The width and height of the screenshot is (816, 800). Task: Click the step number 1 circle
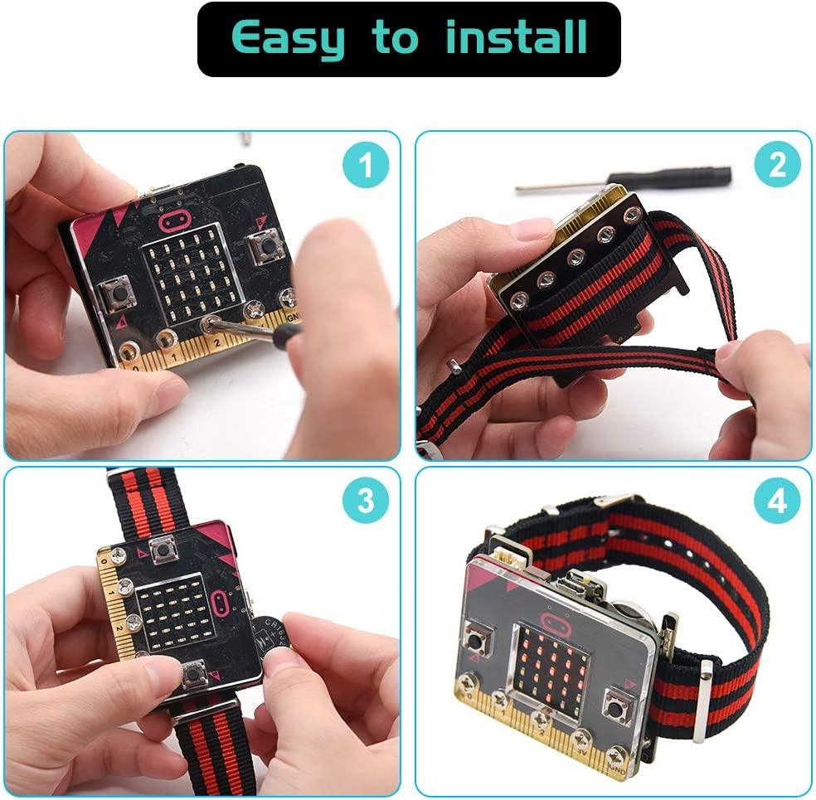pyautogui.click(x=366, y=167)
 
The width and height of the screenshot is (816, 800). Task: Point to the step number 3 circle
pyautogui.click(x=365, y=501)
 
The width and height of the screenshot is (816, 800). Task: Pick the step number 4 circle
pyautogui.click(x=776, y=501)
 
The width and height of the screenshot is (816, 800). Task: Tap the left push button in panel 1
pyautogui.click(x=116, y=293)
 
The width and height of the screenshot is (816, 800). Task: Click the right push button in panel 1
pyautogui.click(x=265, y=246)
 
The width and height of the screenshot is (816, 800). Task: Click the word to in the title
pyautogui.click(x=394, y=38)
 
